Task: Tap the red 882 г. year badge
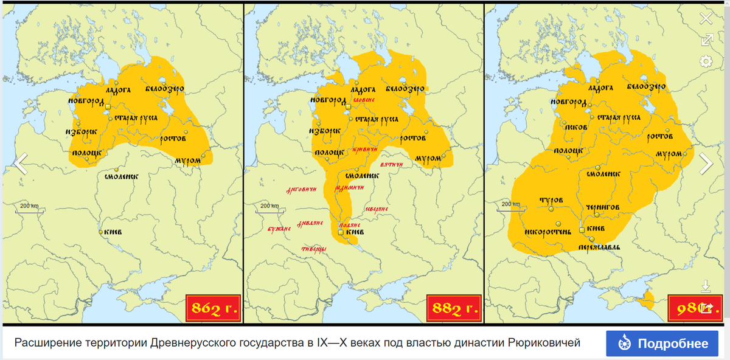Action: [x=454, y=308]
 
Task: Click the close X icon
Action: [x=706, y=18]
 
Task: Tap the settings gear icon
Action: [x=706, y=61]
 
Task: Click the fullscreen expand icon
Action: [x=706, y=40]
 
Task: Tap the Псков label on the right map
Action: [x=575, y=127]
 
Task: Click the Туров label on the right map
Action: [x=551, y=200]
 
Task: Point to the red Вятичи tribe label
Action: [x=392, y=165]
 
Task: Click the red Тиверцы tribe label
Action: [x=313, y=249]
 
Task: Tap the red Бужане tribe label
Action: [x=279, y=229]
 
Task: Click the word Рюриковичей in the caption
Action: [x=543, y=344]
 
